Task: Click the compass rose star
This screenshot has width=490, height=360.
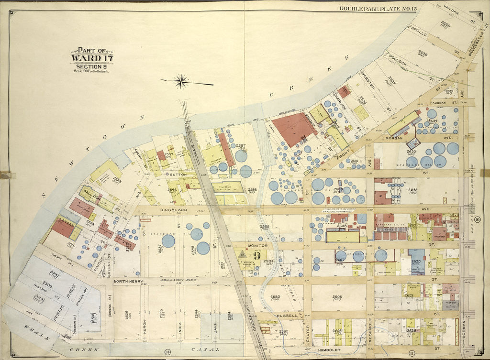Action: click(x=181, y=81)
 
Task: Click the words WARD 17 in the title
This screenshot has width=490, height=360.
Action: click(x=92, y=59)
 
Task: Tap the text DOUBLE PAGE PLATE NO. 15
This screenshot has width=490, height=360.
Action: click(x=371, y=8)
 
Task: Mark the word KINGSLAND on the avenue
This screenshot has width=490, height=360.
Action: click(x=160, y=210)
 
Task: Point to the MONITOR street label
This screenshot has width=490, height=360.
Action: click(x=257, y=245)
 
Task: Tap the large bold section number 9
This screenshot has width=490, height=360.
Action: click(x=257, y=255)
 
